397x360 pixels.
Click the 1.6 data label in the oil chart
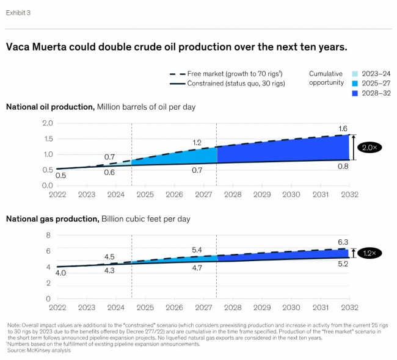click(343, 128)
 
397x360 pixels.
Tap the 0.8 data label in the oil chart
click(343, 167)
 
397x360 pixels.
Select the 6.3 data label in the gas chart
click(343, 242)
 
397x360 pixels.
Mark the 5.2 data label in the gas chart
click(343, 265)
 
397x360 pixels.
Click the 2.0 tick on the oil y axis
click(46, 123)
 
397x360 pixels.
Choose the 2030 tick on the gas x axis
click(291, 308)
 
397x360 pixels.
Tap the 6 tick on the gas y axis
click(50, 251)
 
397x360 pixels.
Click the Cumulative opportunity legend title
click(326, 77)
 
